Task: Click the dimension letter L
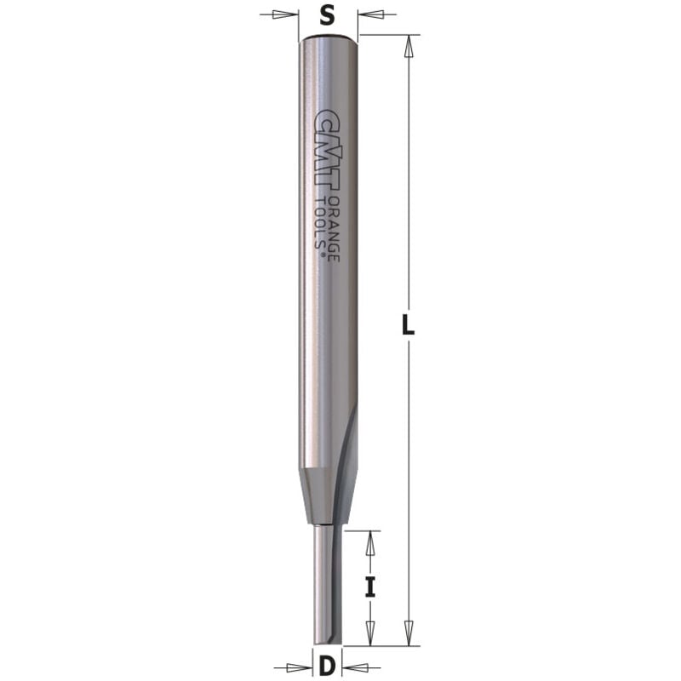[x=410, y=325]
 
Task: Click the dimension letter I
[x=369, y=587]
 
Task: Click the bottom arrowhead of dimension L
[x=409, y=633]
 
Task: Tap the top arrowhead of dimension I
[x=369, y=540]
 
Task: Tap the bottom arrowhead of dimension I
[x=369, y=634]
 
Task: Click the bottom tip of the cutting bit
[x=327, y=642]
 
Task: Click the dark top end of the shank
[x=329, y=37]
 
